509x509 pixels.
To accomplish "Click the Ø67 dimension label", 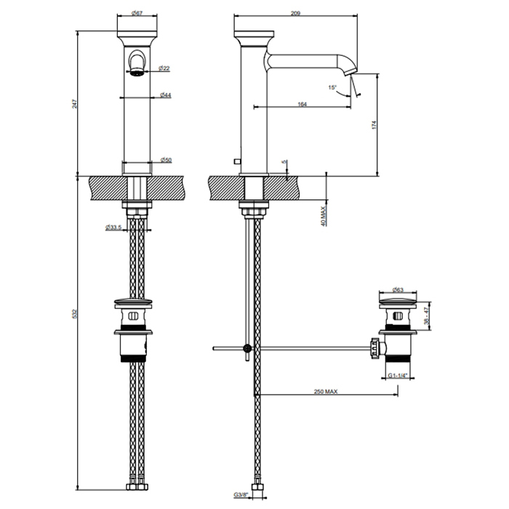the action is pos(137,13).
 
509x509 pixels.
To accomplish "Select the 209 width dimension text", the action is pos(295,13).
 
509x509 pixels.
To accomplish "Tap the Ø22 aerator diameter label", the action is pos(164,68).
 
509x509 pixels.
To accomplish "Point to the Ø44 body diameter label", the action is pos(166,95).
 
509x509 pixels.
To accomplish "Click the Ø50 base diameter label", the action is pos(167,160).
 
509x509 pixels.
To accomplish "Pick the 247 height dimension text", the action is pos(75,103).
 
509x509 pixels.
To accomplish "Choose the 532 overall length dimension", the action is pos(75,313).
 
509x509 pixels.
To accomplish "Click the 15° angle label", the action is pos(332,87).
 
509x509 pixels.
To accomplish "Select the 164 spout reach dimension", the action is pos(302,104).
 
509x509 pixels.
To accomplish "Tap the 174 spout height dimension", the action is pos(374,125).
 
